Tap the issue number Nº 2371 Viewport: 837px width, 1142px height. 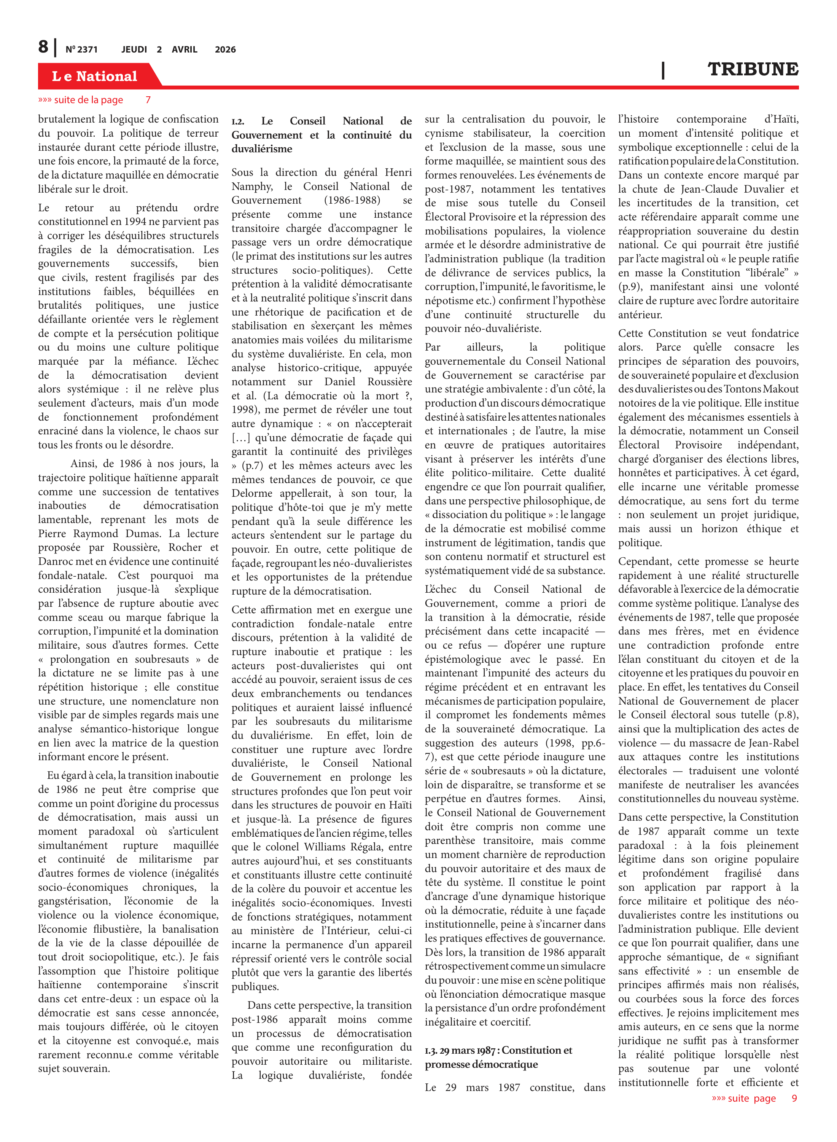coord(81,49)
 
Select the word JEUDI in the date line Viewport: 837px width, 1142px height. coord(134,49)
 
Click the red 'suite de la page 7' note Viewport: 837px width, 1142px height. coord(94,100)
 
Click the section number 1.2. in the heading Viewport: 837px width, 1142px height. coord(238,122)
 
